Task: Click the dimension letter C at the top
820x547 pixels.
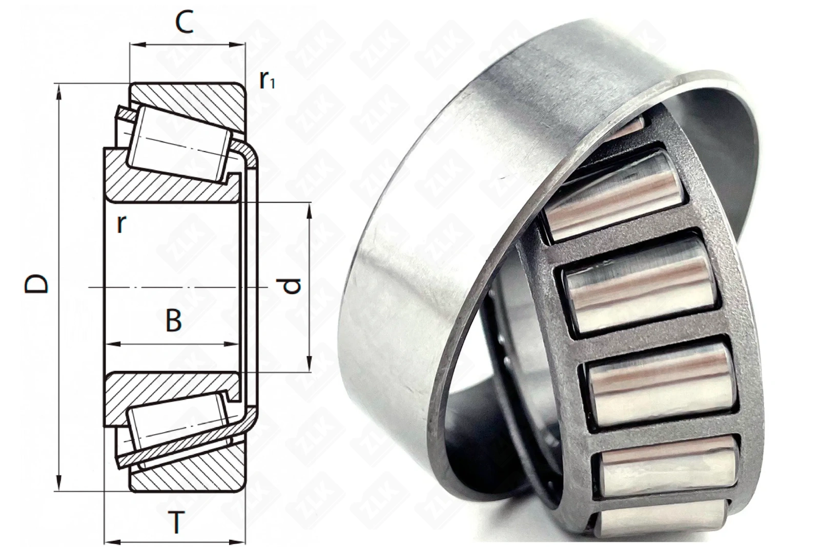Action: tap(184, 22)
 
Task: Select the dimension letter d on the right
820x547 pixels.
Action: tap(292, 286)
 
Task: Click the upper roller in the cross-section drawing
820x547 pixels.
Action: tap(179, 144)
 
